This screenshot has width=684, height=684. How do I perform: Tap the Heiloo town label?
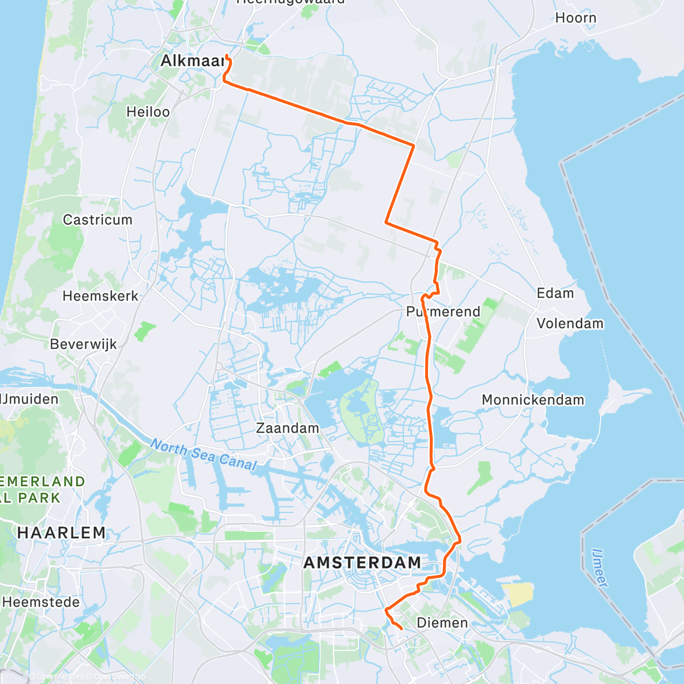point(148,112)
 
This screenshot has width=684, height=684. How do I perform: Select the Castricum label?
point(97,219)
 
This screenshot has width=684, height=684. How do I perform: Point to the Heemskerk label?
point(100,296)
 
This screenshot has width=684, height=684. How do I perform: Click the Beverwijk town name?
point(83,344)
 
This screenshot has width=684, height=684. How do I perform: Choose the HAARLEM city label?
point(62,533)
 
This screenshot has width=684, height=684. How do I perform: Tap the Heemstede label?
point(41,602)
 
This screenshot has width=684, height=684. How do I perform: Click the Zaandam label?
point(287,428)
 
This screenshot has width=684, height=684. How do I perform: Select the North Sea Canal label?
point(203,455)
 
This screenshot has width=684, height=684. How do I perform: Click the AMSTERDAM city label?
point(363,563)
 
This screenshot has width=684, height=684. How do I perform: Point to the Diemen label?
point(442,622)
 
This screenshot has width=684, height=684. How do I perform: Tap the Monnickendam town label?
point(533,400)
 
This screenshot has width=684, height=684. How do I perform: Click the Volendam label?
point(570,323)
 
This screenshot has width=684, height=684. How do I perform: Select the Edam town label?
point(555,293)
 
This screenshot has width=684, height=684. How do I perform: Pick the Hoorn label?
point(576,18)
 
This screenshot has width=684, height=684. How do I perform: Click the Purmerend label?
point(443,312)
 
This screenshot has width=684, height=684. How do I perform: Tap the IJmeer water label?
point(600,568)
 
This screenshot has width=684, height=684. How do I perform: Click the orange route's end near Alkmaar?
point(227,55)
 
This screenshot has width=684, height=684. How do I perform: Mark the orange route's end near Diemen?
point(402,629)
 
